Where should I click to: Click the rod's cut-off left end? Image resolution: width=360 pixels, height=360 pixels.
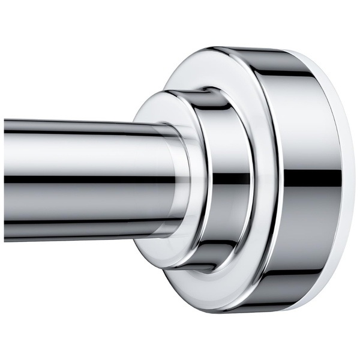[5, 180]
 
